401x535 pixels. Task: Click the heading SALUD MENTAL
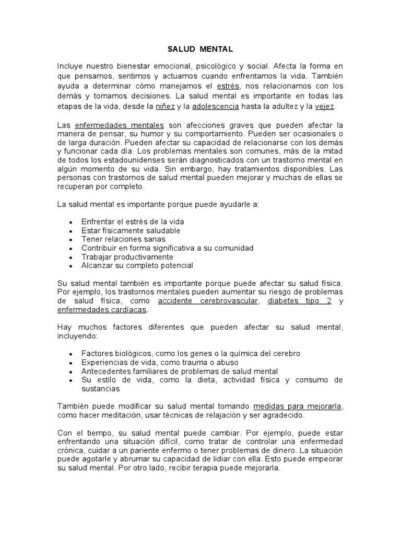[200, 49]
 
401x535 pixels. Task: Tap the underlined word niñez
[166, 106]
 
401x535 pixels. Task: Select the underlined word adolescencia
[215, 106]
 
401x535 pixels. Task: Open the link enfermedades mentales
[120, 125]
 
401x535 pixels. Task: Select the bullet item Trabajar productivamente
[127, 257]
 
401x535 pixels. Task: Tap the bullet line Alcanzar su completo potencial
[137, 265]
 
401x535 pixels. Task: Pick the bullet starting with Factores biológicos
[191, 354]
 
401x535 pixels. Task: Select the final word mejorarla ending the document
[263, 469]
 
